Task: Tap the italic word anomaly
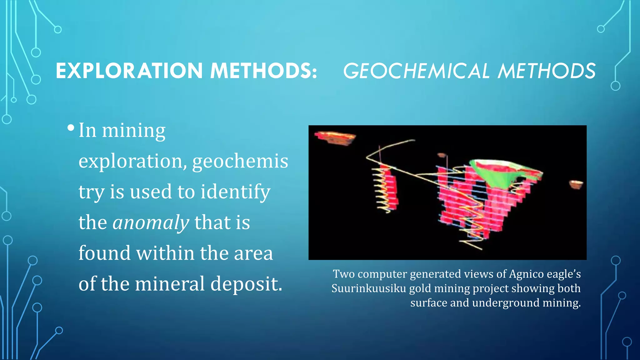point(151,222)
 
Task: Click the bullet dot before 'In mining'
point(71,128)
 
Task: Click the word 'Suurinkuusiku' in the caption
point(368,288)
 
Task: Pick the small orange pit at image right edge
point(576,184)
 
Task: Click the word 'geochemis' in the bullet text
point(240,161)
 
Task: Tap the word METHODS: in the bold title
point(263,71)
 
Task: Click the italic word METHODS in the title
point(547,71)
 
